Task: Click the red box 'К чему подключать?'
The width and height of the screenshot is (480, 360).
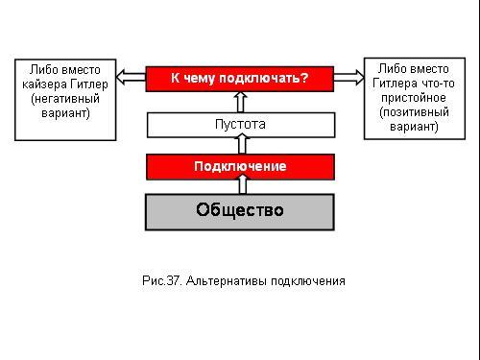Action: tap(240, 79)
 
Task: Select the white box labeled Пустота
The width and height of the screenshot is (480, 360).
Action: tap(241, 125)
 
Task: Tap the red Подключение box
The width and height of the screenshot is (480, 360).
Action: tap(240, 167)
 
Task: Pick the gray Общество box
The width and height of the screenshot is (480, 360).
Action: tap(240, 212)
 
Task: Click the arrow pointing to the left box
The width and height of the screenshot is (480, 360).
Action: tap(131, 77)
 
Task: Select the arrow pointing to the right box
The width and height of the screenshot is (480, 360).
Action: tap(349, 78)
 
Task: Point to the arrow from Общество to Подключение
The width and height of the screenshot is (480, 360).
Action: tap(243, 184)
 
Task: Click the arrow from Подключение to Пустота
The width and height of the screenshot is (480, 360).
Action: tap(242, 144)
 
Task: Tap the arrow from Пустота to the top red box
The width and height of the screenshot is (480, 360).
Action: tap(241, 102)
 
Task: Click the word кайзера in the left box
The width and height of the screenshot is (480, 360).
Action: tap(44, 84)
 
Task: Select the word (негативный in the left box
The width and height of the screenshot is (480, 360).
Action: tap(65, 99)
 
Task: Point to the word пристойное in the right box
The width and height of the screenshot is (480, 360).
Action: tap(414, 98)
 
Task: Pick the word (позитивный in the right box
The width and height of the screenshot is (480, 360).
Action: tap(414, 112)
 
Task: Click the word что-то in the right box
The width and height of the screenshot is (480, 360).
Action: tap(438, 84)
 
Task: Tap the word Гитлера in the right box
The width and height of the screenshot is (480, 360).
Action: tap(396, 84)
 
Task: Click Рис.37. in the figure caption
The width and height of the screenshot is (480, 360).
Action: tap(162, 280)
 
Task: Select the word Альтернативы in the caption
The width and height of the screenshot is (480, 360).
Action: tap(227, 281)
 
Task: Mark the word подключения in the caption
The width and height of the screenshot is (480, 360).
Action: tap(308, 281)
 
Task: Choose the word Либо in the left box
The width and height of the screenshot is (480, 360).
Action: tap(44, 69)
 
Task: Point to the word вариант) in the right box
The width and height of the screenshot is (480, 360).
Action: tap(414, 127)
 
